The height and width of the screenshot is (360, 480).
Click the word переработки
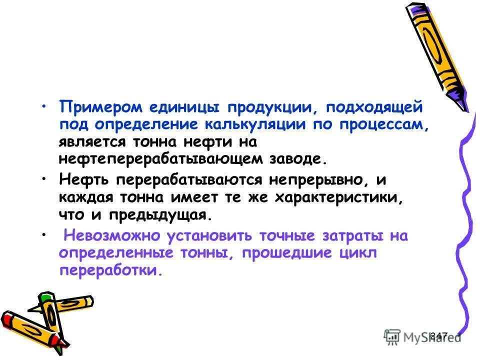click(x=110, y=271)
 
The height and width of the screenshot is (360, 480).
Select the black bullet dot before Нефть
click(x=45, y=177)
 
